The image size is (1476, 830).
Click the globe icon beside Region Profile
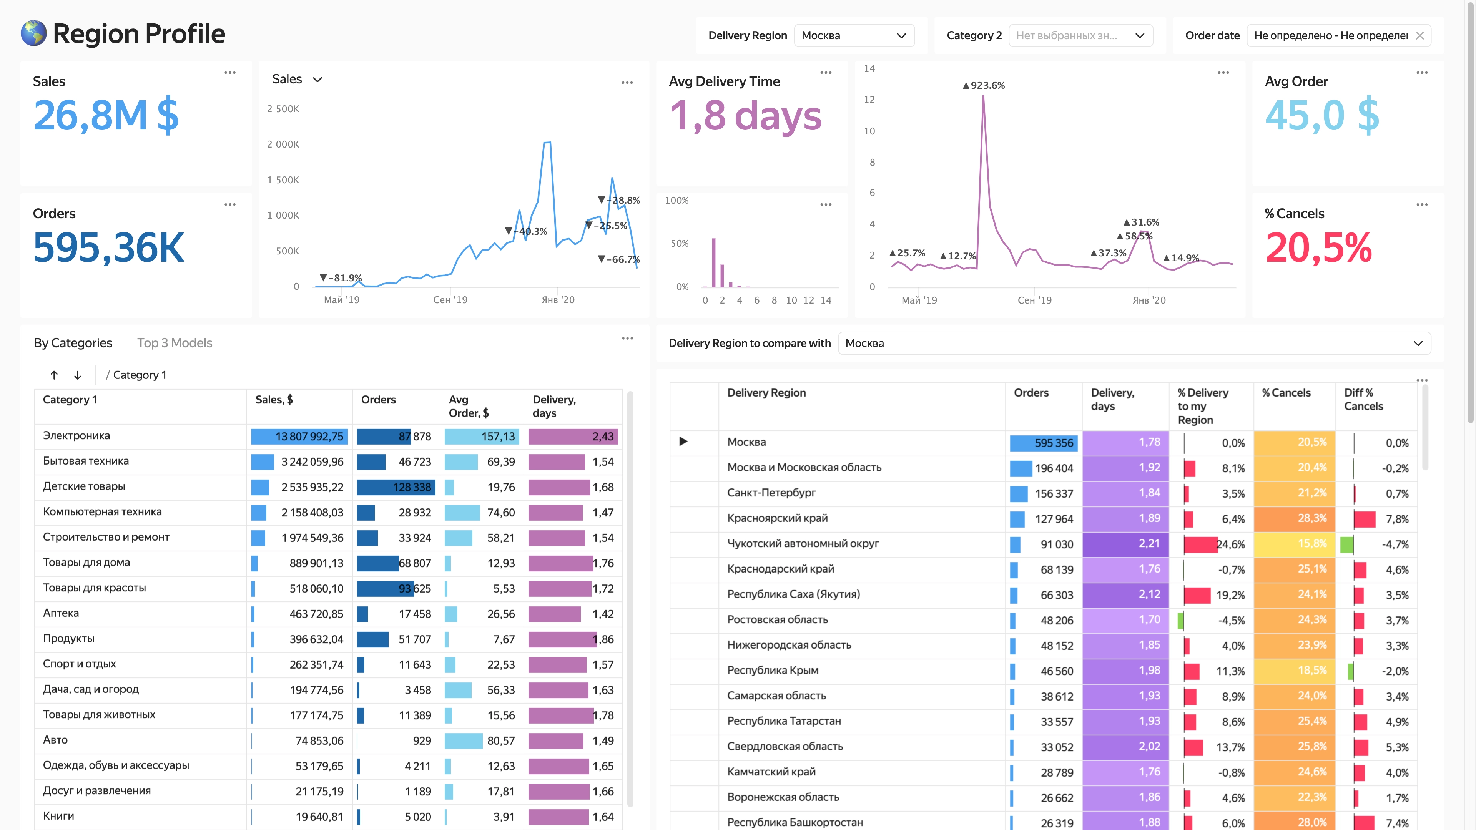33,33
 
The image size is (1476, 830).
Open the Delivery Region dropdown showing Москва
854,35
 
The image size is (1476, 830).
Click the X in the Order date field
1420,35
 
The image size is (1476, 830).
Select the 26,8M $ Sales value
106,116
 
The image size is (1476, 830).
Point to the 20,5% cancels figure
1318,247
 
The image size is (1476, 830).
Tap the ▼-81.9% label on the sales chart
340,278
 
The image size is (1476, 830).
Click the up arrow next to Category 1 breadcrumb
54,375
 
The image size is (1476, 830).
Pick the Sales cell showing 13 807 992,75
299,437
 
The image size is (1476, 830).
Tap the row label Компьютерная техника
103,511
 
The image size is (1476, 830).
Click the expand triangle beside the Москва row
683,441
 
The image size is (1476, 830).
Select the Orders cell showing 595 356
1044,443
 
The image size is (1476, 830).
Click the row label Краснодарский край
780,569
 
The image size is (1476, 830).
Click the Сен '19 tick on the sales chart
450,300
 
